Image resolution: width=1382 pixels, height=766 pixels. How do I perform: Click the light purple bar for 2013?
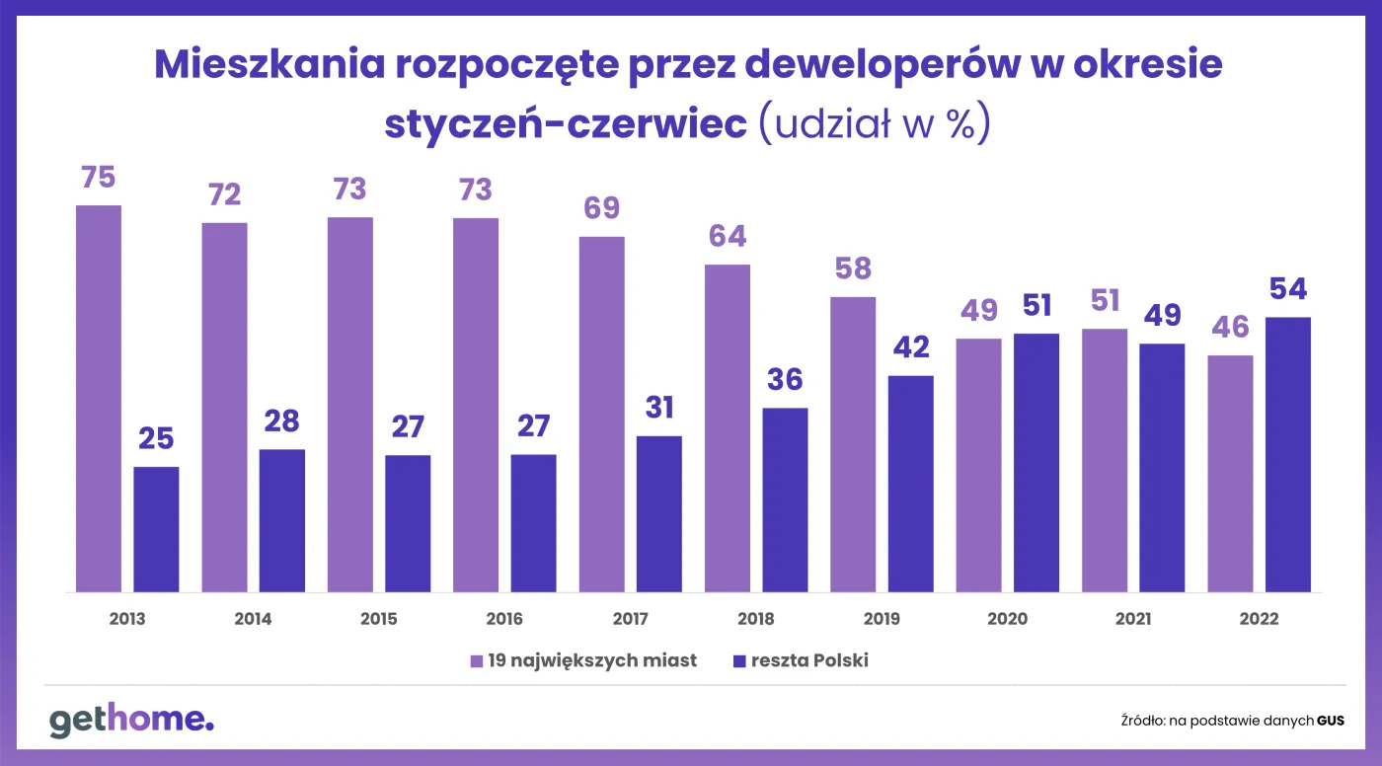[99, 399]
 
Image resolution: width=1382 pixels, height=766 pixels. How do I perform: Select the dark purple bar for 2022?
[1287, 454]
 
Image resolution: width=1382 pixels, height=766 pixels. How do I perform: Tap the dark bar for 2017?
[659, 513]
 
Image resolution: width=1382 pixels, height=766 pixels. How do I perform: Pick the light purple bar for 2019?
[853, 444]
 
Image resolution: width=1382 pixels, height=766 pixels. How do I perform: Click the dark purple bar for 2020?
[1036, 463]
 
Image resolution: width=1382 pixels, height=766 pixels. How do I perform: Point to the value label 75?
[99, 178]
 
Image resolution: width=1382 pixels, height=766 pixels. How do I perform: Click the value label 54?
[1288, 288]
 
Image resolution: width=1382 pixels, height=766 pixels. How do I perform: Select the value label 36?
[785, 379]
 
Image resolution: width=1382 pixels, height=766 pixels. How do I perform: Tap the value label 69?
[601, 208]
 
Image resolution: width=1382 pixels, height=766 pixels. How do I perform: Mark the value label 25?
[156, 438]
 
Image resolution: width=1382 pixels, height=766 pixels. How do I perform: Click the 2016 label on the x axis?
[504, 619]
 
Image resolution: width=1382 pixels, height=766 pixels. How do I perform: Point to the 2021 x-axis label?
[1133, 619]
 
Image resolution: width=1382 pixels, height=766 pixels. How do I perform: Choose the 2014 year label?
[253, 619]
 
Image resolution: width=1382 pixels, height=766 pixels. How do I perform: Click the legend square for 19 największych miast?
[476, 661]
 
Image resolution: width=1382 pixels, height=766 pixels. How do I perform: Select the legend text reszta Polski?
[809, 660]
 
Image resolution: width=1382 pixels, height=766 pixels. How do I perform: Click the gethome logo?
[131, 720]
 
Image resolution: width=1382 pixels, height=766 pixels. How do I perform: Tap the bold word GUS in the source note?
[1331, 721]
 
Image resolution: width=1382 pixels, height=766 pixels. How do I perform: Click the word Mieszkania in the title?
[269, 64]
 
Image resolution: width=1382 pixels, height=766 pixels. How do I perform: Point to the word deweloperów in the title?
[883, 65]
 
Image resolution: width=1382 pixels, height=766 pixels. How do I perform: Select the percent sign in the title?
[960, 124]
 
